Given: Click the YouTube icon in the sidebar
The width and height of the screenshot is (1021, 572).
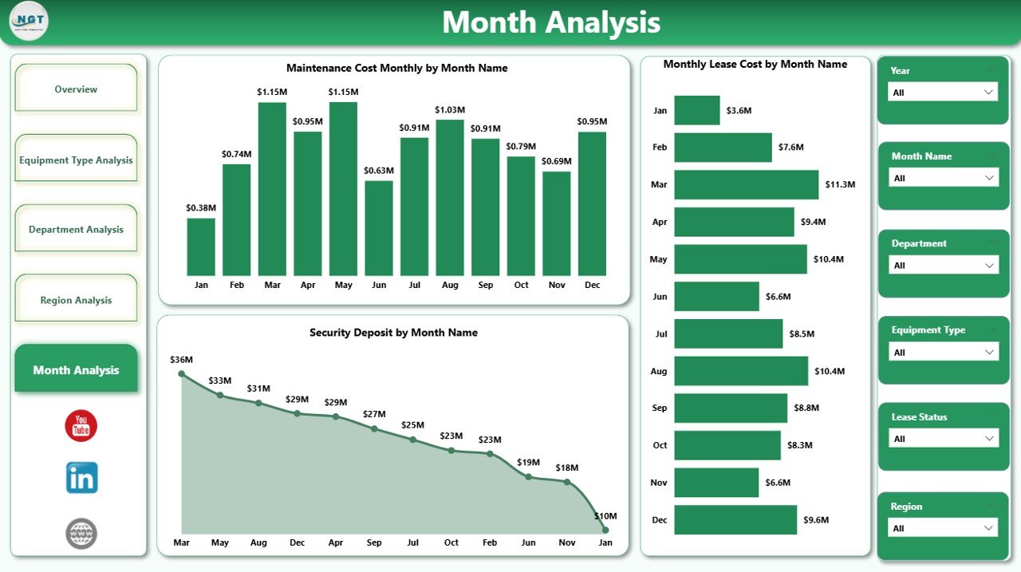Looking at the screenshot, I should pos(81,426).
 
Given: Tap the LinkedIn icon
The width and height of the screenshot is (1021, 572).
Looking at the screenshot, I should pos(81,478).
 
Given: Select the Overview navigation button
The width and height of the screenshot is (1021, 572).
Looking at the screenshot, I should pos(76,89).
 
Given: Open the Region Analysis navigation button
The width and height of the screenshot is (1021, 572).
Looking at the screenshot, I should pos(76,300).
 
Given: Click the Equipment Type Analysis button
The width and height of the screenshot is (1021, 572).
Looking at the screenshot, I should pos(76,160).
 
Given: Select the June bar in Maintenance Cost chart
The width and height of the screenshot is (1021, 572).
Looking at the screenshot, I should pos(379,228).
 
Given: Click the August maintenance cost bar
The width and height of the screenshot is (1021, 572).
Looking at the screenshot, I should pos(450,198).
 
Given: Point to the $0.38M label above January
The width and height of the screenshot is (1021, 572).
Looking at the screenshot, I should pos(201,207).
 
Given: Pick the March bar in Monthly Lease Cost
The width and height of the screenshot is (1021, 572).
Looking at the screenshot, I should pos(746,184).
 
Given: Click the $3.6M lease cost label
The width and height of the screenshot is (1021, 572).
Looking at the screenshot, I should pos(739,110).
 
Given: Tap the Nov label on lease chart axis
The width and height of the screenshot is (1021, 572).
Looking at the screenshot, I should pos(659,483).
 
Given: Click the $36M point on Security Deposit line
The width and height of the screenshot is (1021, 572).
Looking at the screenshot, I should pos(182,373).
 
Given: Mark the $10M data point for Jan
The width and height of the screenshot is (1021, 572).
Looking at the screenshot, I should pos(605,530).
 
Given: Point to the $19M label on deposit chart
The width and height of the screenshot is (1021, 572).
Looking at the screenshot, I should pos(528,463).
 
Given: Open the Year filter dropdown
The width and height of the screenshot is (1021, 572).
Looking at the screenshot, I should pos(943,93).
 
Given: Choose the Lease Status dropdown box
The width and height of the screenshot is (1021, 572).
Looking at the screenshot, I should pos(943,439).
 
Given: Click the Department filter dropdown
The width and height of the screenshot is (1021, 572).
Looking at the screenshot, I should pos(943,266).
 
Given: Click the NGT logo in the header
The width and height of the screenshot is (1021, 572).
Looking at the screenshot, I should pos(29,22).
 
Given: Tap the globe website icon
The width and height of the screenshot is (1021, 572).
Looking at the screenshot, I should pos(81,533).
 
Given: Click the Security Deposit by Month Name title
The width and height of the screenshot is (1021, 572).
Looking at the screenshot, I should pos(393,333).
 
